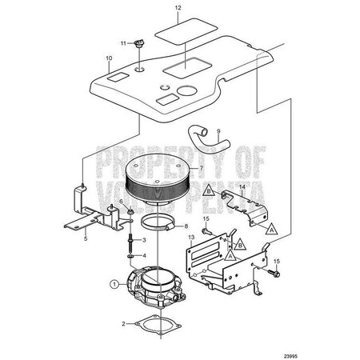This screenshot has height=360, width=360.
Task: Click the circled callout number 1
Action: click(114, 284)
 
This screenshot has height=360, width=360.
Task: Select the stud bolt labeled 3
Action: click(131, 240)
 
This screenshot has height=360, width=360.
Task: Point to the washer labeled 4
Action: click(130, 256)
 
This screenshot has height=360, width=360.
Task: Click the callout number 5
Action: click(86, 238)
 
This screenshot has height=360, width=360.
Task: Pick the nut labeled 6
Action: click(130, 212)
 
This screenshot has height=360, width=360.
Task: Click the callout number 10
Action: click(109, 58)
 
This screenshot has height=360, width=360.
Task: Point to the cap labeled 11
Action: click(138, 43)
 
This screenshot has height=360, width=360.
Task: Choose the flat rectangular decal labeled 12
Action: click(186, 31)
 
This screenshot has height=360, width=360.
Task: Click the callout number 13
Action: click(191, 237)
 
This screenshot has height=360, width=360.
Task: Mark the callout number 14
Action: click(242, 186)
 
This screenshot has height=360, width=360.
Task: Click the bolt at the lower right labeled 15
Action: click(274, 273)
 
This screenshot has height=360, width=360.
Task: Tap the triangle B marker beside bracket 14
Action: click(209, 191)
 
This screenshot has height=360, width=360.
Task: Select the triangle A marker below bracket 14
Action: click(271, 230)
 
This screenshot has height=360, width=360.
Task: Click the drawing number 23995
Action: click(290, 356)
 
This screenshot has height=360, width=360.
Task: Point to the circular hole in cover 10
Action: click(187, 90)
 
